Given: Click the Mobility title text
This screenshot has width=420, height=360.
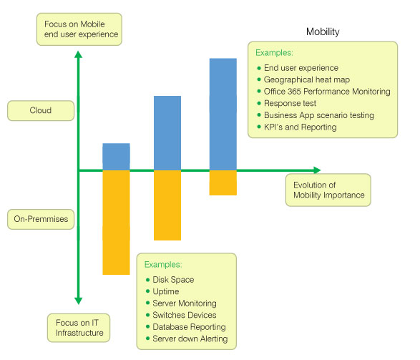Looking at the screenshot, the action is (323, 32).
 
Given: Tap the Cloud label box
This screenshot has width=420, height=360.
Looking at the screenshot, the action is (41, 111).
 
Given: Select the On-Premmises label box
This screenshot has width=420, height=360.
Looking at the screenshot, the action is (41, 220).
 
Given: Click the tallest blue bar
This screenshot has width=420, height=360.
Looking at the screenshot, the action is (223, 115).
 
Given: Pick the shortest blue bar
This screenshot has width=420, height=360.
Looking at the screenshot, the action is (116, 157).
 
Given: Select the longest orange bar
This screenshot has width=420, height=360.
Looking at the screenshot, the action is (116, 223).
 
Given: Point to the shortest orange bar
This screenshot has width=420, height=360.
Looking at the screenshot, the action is (223, 183).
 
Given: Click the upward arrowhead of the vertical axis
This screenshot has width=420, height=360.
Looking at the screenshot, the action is (78, 54).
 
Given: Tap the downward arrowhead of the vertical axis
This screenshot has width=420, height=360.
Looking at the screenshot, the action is (78, 301).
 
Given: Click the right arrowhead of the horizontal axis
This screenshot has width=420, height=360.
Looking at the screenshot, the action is (317, 170).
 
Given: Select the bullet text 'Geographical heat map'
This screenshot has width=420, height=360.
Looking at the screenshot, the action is (307, 79).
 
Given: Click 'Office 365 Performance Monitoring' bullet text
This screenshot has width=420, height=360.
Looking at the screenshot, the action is (327, 92).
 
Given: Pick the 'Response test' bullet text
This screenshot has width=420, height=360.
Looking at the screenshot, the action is (290, 103).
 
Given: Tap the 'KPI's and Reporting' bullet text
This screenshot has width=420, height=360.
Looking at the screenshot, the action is (301, 127).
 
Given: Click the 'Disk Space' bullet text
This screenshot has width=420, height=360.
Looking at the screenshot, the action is (173, 280).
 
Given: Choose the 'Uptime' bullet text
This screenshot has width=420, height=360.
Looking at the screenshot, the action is (166, 291).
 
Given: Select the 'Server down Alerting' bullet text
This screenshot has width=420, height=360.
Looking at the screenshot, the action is (190, 339).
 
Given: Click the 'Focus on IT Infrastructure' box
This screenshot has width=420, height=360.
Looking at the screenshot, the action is (79, 328).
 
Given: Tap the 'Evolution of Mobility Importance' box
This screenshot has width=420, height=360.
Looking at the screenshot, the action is (328, 190).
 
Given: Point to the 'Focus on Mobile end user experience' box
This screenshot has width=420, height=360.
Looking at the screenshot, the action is (79, 29).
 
